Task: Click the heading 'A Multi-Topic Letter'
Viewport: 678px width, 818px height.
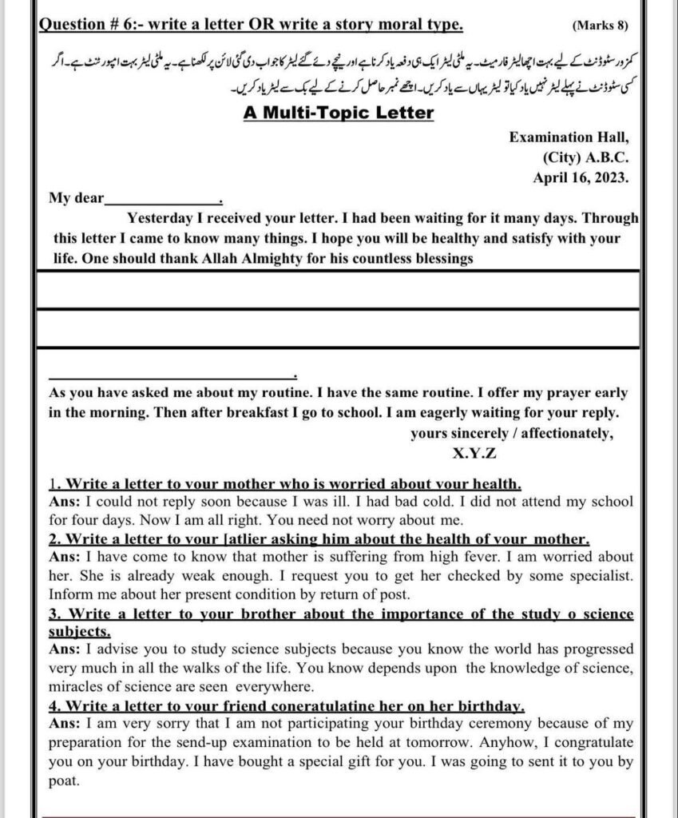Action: pyautogui.click(x=339, y=112)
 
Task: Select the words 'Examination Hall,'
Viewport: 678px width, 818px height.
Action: pyautogui.click(x=569, y=137)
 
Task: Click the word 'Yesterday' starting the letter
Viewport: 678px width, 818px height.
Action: pyautogui.click(x=157, y=217)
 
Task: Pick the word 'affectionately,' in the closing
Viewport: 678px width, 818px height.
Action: pyautogui.click(x=563, y=434)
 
